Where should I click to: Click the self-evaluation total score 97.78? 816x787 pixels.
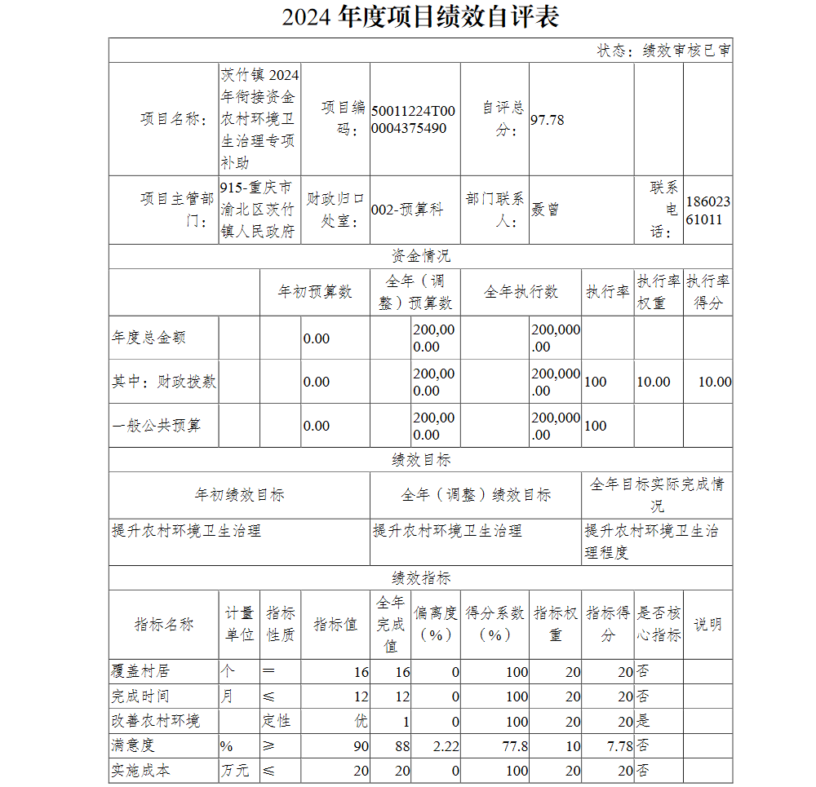(x=548, y=120)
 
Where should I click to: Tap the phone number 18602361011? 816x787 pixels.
(x=707, y=210)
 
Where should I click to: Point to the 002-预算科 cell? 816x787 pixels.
(x=407, y=210)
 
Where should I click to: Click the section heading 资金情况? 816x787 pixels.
(x=420, y=256)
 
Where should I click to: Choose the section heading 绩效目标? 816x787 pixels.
(x=420, y=460)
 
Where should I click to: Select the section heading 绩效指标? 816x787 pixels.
(x=420, y=578)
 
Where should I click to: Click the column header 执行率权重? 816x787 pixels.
(x=659, y=292)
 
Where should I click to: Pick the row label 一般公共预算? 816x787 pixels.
(x=156, y=426)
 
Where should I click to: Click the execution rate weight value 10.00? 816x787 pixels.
(x=653, y=382)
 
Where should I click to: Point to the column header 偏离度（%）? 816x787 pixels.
(x=435, y=624)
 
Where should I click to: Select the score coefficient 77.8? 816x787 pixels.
(x=516, y=745)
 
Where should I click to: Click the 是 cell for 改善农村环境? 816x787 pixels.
(x=643, y=721)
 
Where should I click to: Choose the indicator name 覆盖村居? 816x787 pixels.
(x=140, y=672)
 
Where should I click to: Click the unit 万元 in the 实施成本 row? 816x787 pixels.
(x=234, y=770)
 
